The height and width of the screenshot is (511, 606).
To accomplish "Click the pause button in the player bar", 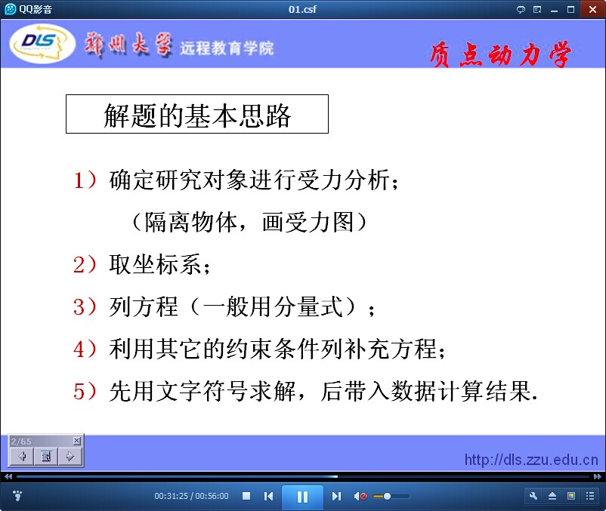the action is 302,497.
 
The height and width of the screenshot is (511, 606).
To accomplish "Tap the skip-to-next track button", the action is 336,497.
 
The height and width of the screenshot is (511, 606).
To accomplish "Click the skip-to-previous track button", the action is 268,497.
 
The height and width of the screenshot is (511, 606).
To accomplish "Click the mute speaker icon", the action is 360,497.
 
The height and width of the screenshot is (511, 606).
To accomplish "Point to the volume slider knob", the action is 387,497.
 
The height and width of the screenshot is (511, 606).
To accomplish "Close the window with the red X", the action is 592,9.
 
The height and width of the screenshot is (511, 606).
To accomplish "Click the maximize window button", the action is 570,10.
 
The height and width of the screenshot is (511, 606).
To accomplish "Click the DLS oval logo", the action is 42,43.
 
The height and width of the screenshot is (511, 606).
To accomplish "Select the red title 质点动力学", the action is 500,54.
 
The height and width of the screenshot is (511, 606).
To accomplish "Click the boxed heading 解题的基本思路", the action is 197,114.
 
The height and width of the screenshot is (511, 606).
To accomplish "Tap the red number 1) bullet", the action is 85,180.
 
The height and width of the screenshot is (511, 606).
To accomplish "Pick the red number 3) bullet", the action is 85,307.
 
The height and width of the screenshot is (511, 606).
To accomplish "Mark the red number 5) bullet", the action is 85,391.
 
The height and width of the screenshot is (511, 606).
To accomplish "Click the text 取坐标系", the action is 155,265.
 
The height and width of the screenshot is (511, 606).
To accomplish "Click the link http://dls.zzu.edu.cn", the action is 531,460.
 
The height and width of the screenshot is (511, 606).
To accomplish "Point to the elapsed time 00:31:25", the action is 171,496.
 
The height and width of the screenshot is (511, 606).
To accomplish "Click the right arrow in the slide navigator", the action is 70,457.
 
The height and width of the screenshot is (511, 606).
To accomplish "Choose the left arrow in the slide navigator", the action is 22,457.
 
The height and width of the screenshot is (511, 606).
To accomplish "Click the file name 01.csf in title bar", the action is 302,9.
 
